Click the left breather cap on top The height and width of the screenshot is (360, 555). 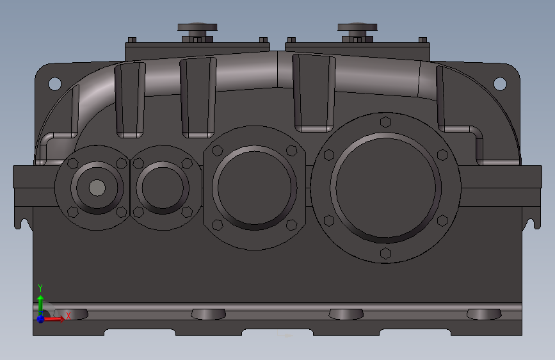197,28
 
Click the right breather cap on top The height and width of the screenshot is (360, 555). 357,28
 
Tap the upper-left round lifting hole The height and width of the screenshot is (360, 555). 54,83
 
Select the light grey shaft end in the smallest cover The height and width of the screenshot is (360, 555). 97,188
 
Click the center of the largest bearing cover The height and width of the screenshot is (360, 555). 386,188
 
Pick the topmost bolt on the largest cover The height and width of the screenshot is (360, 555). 385,122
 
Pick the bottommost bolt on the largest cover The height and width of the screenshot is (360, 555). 385,254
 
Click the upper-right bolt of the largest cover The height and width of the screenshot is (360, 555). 442,154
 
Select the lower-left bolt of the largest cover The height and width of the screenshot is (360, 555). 329,220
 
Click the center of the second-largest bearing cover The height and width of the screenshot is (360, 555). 254,187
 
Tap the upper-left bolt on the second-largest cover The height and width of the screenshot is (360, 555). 217,151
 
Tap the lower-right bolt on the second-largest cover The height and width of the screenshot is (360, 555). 291,224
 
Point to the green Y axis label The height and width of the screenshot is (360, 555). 40,288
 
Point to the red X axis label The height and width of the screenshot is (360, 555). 68,316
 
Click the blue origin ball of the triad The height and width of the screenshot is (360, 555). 40,318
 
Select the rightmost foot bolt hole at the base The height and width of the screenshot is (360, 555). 484,314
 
